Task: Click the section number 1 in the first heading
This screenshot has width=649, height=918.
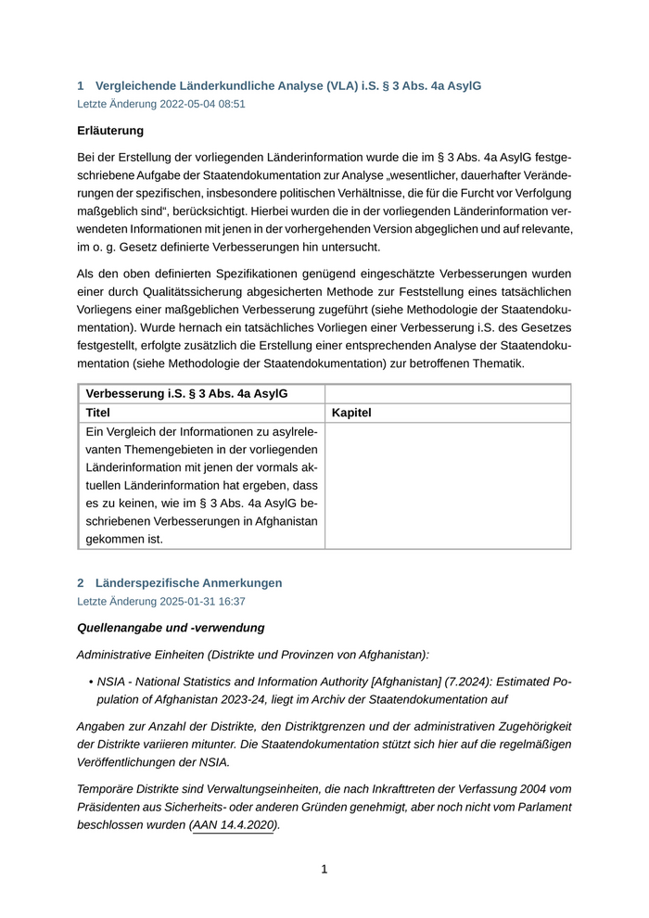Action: [81, 86]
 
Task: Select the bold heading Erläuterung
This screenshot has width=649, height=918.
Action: [110, 131]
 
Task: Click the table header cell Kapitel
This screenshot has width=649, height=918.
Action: [351, 413]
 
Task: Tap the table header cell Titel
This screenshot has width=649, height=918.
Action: [98, 413]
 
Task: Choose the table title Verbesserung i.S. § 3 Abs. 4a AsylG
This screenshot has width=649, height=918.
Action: [186, 393]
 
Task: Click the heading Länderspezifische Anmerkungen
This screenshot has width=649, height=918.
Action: [188, 583]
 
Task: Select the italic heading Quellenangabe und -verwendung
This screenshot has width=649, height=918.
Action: [171, 629]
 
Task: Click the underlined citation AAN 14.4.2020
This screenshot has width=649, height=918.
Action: [234, 825]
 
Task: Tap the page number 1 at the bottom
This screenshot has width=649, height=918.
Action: [324, 870]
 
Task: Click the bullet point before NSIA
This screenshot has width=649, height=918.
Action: [91, 682]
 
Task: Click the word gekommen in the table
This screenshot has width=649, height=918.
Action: [114, 539]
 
